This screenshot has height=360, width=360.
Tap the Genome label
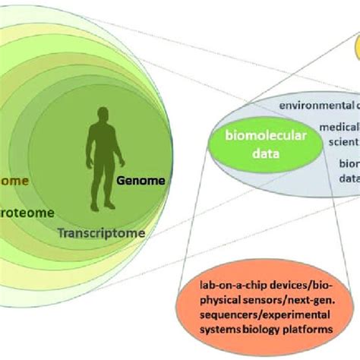pos(141,182)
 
